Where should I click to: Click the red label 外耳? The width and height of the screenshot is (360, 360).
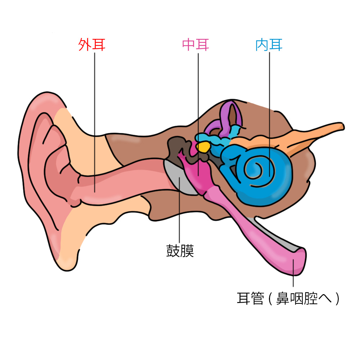(x=91, y=45)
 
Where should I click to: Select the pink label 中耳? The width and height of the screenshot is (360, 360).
(x=195, y=45)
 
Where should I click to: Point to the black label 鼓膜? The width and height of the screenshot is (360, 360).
(x=180, y=251)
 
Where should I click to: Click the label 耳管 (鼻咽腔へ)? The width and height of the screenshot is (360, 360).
(x=288, y=298)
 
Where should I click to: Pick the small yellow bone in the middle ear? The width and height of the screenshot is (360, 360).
(x=204, y=147)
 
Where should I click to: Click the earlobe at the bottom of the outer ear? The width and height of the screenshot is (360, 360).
(x=65, y=252)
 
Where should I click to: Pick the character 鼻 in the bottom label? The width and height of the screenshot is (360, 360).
(x=283, y=298)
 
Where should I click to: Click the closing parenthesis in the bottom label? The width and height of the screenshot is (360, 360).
(x=337, y=298)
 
